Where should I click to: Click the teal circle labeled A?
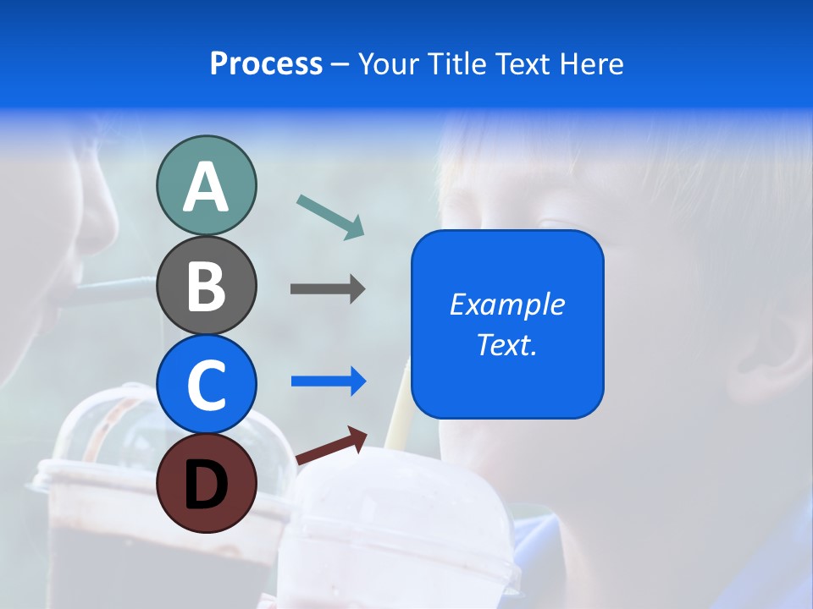click(206, 186)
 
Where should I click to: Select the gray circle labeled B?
click(206, 285)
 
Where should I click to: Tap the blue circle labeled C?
click(206, 384)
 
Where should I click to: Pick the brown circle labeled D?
click(206, 483)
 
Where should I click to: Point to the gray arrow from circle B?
click(327, 288)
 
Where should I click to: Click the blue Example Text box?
click(507, 324)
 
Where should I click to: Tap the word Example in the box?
click(507, 304)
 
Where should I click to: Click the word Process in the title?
click(266, 63)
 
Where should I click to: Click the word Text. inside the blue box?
click(507, 345)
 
